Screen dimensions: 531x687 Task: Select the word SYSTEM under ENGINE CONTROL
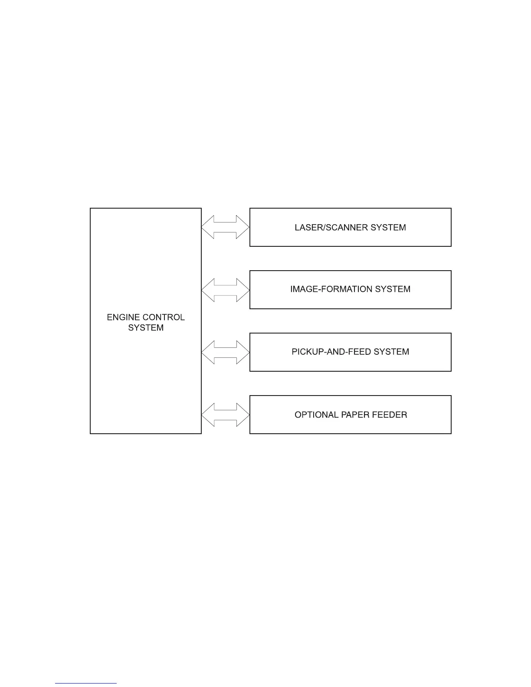click(146, 328)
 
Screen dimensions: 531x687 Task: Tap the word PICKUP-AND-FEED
click(326, 352)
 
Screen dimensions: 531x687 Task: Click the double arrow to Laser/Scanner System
click(226, 227)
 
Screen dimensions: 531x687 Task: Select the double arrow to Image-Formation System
click(226, 290)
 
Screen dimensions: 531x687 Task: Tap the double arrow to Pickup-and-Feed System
click(226, 352)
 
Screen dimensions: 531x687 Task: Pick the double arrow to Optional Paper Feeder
click(226, 415)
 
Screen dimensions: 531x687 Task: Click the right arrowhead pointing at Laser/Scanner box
click(243, 227)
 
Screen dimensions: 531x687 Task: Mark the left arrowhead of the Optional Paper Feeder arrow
click(208, 415)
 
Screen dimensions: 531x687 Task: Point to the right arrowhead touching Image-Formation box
click(243, 290)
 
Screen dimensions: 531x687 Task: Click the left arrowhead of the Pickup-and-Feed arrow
click(208, 352)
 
